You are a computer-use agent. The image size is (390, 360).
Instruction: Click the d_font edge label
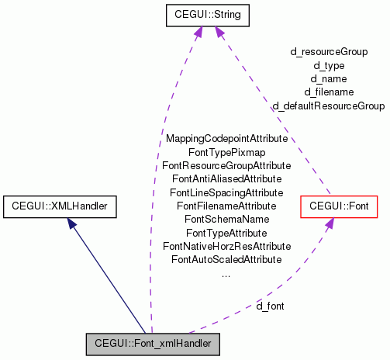270,306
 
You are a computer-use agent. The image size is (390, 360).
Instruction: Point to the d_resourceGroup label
329,52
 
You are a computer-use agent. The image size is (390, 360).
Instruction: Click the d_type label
329,65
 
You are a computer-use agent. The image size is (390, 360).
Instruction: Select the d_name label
329,78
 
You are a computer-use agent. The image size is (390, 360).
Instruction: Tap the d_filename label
329,92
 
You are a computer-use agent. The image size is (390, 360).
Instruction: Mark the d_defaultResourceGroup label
329,106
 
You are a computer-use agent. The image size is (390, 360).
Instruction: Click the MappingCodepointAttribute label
226,139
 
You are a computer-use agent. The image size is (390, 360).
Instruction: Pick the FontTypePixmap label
226,152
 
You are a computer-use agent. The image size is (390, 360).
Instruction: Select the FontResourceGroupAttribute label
226,166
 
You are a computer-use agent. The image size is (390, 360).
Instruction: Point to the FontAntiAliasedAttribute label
226,179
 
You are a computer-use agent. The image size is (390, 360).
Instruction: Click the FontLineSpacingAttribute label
226,192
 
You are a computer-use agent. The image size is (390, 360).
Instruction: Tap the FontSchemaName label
226,220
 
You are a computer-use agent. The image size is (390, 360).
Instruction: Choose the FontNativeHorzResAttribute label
226,246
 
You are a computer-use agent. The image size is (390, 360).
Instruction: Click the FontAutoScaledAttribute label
226,259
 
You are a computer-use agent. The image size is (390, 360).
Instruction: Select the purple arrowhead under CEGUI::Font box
329,223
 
